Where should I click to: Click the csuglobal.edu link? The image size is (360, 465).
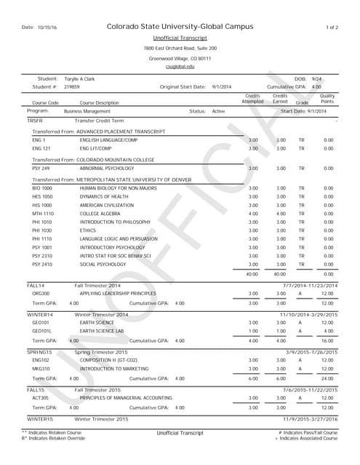[180, 67]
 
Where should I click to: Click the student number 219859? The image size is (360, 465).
[72, 86]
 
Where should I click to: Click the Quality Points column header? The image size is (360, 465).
[327, 99]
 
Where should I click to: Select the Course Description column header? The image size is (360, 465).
[99, 103]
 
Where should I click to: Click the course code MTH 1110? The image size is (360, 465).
[43, 214]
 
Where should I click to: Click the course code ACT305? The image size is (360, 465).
[40, 397]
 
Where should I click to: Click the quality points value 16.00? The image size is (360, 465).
[327, 340]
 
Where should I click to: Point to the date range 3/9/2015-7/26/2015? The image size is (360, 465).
[311, 352]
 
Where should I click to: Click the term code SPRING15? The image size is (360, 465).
[41, 352]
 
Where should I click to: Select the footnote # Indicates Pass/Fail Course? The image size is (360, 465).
[308, 432]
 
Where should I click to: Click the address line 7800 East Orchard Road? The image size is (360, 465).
[180, 48]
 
